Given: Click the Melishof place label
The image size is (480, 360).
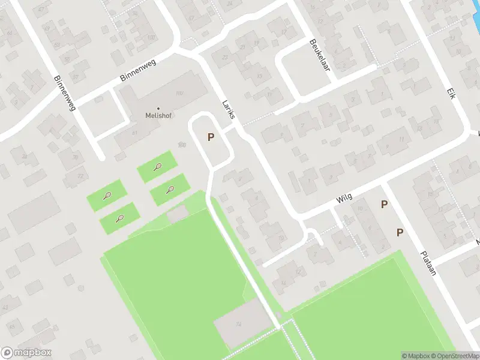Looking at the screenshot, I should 159,116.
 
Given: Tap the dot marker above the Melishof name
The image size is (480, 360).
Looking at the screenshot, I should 158,109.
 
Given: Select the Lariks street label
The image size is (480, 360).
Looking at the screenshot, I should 227,109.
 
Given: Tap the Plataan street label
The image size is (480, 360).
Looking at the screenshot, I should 427,262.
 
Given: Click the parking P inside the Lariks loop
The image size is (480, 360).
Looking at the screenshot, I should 211,137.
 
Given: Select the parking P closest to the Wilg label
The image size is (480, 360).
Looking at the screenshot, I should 384,205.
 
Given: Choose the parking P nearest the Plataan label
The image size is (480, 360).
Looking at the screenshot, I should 400,232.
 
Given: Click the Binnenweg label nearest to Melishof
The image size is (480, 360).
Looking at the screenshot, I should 137,71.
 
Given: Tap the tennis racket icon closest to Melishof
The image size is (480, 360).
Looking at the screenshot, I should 157,167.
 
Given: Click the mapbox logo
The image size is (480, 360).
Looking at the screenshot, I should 26,353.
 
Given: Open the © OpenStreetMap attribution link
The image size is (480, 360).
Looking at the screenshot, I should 454,356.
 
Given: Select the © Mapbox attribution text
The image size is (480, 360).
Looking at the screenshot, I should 415,356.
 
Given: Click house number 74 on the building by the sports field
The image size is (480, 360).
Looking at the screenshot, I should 238,325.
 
